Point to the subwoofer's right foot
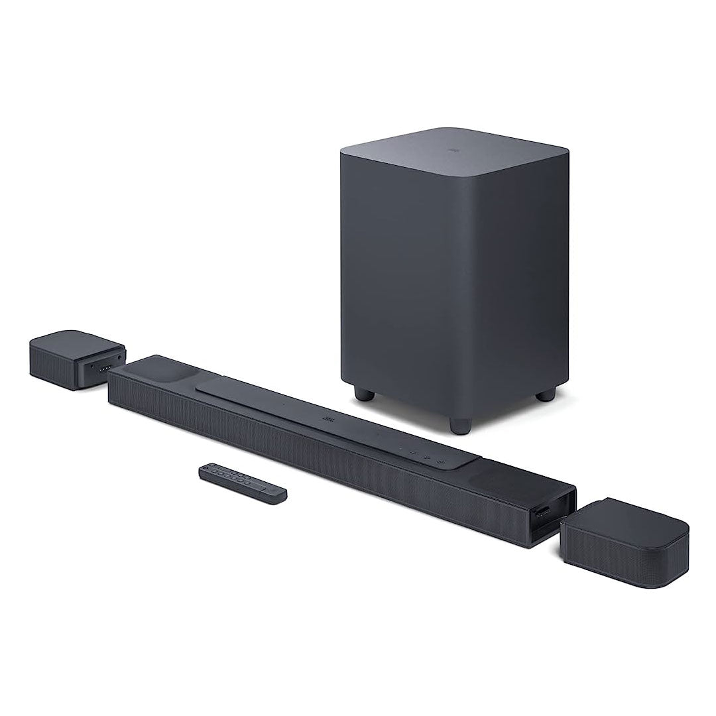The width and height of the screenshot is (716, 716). [545, 394]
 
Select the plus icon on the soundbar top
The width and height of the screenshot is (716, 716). [428, 456]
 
